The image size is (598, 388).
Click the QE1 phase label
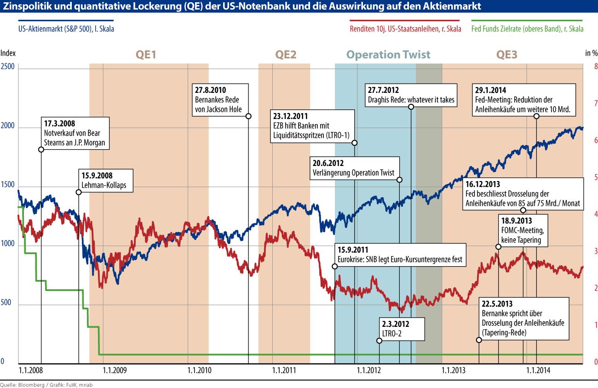pos(146,55)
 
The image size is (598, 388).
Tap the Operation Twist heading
pos(388,55)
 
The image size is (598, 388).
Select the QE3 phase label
pos(506,55)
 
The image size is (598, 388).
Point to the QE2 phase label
pos(286,55)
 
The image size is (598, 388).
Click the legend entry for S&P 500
pos(66,29)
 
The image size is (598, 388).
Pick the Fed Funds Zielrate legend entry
pos(528,29)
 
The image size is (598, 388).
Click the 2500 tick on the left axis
pos(8,67)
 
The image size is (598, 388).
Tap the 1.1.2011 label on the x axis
pos(284,370)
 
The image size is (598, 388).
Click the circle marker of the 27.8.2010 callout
pos(248,116)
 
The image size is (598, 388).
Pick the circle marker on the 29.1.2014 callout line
pos(536,116)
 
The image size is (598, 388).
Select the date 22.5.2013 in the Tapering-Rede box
pos(497,304)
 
